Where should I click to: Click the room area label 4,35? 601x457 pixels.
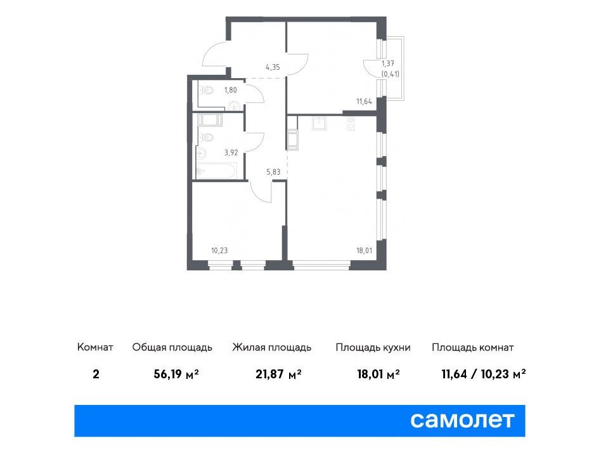(x=273, y=67)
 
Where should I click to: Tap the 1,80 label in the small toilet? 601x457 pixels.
(x=230, y=90)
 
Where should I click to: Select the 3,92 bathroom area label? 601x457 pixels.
(x=231, y=152)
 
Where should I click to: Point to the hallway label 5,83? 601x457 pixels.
(x=273, y=172)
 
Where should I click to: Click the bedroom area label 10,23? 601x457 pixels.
(x=219, y=251)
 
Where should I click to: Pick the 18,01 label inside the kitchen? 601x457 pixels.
(x=364, y=251)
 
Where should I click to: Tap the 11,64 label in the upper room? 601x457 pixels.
(x=364, y=102)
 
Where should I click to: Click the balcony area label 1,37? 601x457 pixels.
(x=388, y=63)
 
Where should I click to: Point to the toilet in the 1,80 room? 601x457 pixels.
(x=206, y=91)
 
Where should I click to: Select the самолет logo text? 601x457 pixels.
(x=462, y=420)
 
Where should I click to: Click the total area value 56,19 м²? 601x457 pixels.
(x=176, y=374)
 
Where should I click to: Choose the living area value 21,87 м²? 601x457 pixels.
(x=278, y=374)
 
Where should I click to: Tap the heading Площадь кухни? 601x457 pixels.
(x=373, y=348)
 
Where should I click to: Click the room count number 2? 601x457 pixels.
(x=96, y=374)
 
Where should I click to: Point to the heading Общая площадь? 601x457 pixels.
(x=172, y=348)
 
